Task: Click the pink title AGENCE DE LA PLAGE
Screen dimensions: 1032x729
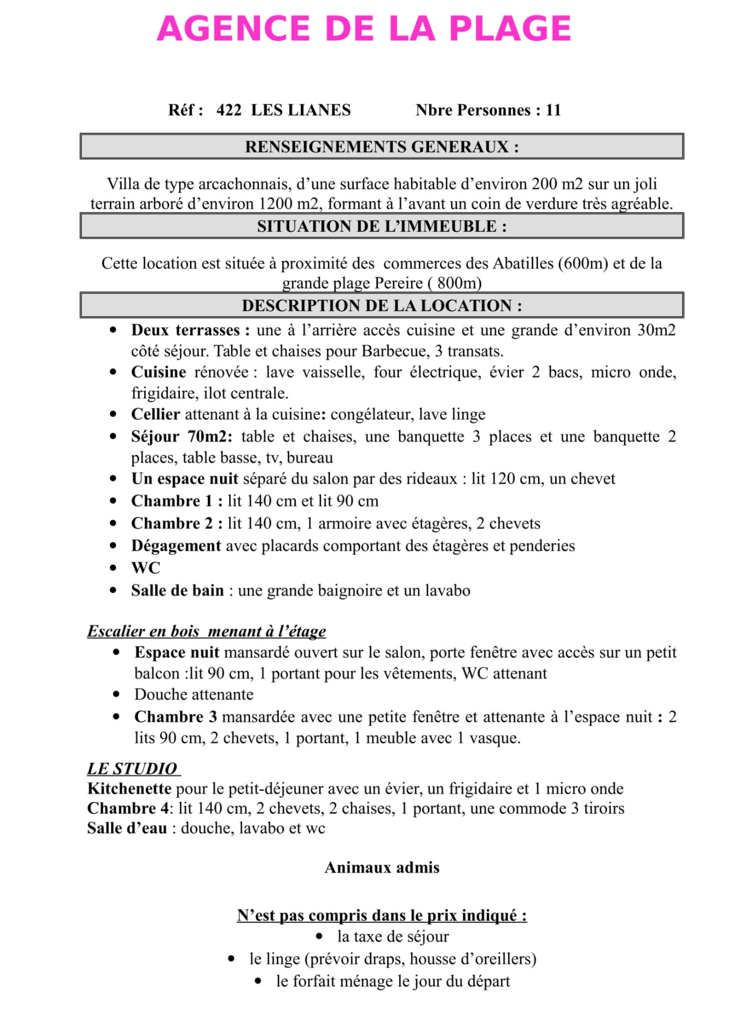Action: tap(364, 29)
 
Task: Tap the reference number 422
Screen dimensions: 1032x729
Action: tap(229, 110)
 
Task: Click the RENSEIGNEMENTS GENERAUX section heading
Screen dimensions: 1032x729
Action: tap(381, 146)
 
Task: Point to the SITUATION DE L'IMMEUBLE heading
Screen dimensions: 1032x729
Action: tap(381, 226)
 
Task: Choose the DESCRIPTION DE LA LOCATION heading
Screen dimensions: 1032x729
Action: tap(381, 305)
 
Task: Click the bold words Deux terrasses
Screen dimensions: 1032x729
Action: tap(190, 330)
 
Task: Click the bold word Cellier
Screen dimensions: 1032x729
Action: tap(155, 414)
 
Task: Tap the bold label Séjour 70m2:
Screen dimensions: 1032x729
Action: tap(181, 436)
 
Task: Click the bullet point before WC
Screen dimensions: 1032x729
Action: tap(113, 568)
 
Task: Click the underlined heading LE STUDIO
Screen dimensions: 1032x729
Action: tap(133, 768)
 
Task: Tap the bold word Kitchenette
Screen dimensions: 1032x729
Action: tap(129, 788)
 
